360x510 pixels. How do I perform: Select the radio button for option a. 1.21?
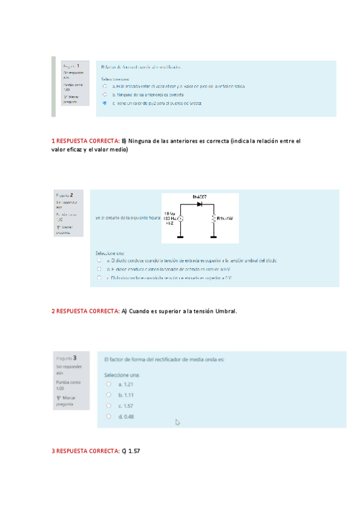[x=108, y=384]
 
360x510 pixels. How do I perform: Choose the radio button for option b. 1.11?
[x=108, y=395]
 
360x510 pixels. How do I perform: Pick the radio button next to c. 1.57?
[x=108, y=405]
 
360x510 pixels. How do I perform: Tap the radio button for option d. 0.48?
[x=108, y=416]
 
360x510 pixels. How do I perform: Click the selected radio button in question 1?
[x=105, y=103]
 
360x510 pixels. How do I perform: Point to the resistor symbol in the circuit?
[x=213, y=219]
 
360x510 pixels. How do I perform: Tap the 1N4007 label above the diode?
[x=200, y=197]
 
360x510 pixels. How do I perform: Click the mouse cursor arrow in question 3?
[x=177, y=422]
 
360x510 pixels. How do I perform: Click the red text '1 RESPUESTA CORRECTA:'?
[x=85, y=141]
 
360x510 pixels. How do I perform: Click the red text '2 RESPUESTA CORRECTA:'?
[x=85, y=311]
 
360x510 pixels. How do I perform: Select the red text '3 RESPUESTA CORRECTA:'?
[x=85, y=450]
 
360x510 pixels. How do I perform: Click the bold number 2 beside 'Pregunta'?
[x=72, y=195]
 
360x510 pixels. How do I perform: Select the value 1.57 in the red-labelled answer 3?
[x=134, y=450]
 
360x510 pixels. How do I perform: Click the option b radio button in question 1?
[x=105, y=94]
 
